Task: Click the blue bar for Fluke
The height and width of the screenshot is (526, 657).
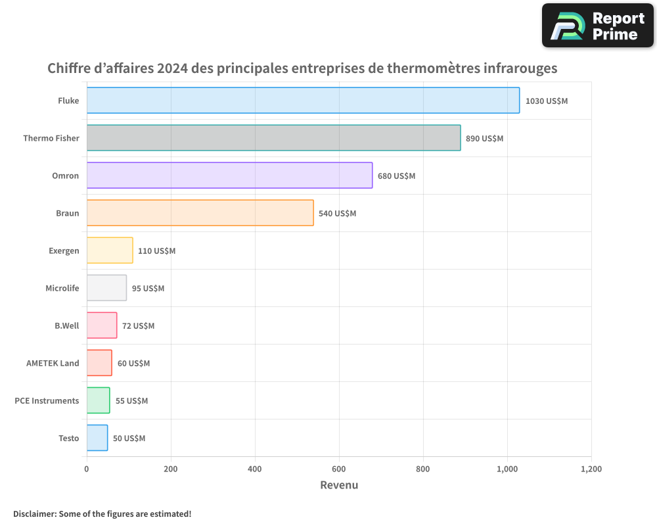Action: pos(303,101)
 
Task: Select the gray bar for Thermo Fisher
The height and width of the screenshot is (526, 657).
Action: pos(273,138)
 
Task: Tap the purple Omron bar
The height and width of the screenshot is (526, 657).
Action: pos(229,176)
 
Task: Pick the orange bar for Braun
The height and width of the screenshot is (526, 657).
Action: pos(200,213)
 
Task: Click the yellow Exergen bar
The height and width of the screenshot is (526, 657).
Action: pos(110,251)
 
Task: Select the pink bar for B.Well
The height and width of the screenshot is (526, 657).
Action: pos(102,325)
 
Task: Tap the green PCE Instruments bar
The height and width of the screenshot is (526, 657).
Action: pos(98,400)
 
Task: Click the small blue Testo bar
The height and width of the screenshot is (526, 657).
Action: pos(97,438)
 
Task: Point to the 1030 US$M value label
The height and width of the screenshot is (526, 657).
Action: pos(547,101)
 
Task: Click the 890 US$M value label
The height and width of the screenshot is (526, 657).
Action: pos(484,139)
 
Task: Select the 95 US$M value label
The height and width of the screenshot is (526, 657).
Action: pos(148,289)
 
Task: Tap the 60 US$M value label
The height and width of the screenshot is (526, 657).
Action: pos(133,364)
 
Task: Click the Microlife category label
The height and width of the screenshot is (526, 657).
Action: pos(62,288)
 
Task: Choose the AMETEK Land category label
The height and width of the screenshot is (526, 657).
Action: pos(53,363)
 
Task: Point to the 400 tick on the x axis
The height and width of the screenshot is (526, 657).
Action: pos(255,469)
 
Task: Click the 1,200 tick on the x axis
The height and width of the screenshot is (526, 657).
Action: pos(591,469)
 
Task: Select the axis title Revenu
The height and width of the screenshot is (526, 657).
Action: pos(339,485)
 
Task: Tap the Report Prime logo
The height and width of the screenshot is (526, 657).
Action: pos(597,26)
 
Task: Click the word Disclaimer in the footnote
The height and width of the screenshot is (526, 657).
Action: pos(34,514)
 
